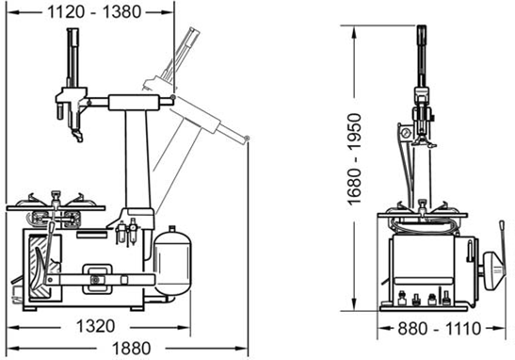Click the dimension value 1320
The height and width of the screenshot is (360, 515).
point(95,326)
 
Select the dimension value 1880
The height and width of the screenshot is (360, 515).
point(132,349)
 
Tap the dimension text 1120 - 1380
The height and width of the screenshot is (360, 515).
point(94,12)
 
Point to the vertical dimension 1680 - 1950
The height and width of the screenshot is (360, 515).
point(355,159)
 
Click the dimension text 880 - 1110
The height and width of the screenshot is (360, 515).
point(439,328)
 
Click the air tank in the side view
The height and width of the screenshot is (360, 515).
point(172,261)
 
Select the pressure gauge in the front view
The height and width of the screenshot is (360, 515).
point(405,133)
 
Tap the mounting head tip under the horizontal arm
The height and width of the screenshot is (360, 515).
point(78,136)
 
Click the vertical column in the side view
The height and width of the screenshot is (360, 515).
point(137,159)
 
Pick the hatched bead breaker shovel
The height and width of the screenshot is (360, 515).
point(40,267)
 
